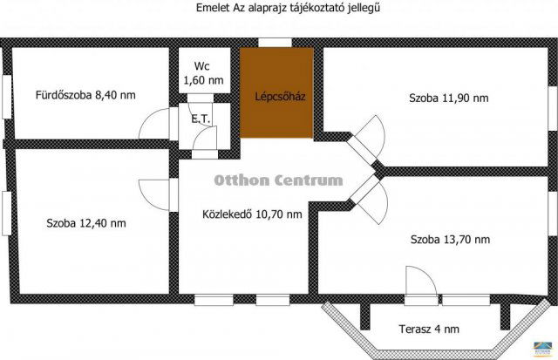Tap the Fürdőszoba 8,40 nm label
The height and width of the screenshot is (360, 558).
[85, 94]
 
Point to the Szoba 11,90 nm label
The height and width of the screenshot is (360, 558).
[448, 98]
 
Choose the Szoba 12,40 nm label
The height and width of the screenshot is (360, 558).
[86, 223]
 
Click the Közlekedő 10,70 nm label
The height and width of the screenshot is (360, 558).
[252, 214]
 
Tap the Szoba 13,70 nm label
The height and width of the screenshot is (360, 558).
[449, 238]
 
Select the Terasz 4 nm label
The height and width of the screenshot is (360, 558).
[426, 329]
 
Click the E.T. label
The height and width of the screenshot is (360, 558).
[199, 116]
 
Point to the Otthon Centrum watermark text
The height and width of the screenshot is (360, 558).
[278, 180]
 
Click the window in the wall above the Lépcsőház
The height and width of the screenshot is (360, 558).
[276, 42]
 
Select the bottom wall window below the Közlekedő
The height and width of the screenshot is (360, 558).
[214, 300]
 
